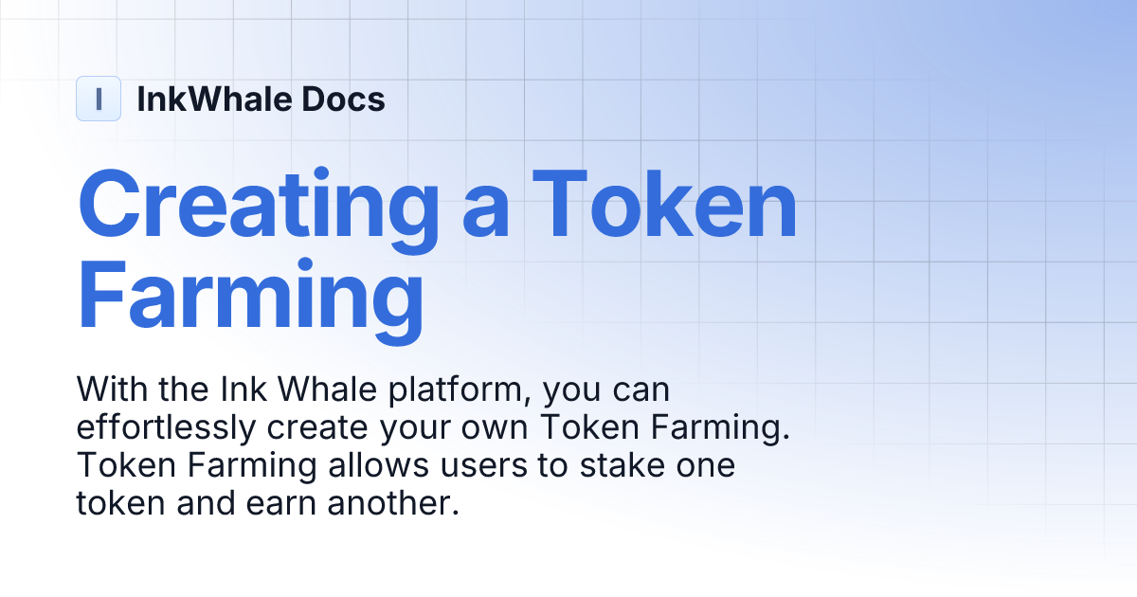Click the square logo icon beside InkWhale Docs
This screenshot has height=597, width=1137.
pyautogui.click(x=99, y=99)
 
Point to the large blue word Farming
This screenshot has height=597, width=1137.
pyautogui.click(x=250, y=298)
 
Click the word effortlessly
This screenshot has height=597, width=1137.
pyautogui.click(x=166, y=428)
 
